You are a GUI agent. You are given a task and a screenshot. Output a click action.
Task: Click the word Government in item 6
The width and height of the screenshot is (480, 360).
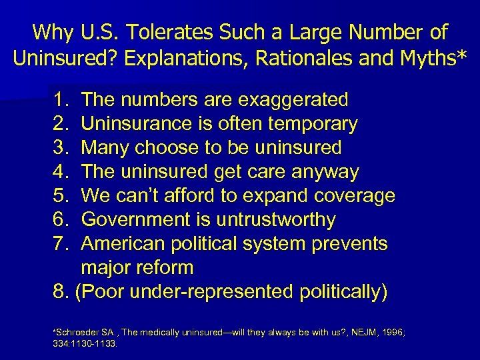point(131,220)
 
